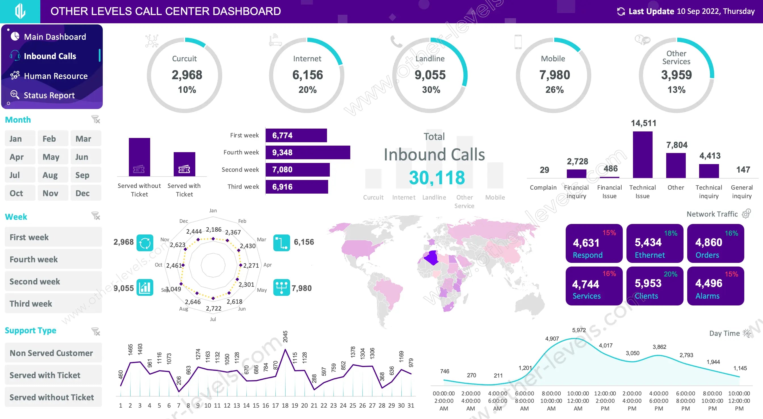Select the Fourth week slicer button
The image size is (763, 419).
point(53,259)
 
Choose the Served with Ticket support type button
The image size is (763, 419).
point(53,375)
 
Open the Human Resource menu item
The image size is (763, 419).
point(55,76)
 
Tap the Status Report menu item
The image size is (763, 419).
point(49,95)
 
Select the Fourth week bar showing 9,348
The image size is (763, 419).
point(307,152)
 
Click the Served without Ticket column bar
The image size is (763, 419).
point(139,157)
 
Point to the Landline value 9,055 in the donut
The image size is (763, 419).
point(430,75)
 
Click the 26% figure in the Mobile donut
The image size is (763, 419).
point(554,90)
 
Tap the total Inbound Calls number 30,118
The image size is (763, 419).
point(437,178)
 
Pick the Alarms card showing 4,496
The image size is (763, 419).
point(715,286)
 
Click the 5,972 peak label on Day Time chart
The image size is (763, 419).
point(579,330)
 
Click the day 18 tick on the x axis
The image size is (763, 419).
point(285,405)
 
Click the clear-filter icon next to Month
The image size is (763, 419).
point(96,120)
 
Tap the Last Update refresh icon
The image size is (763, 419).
point(621,12)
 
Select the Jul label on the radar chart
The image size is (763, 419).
point(213,319)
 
